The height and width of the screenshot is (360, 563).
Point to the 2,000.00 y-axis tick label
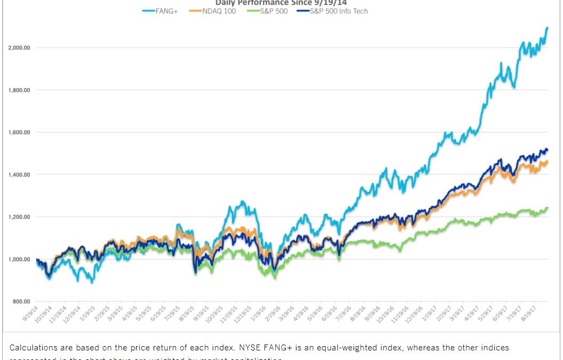[19, 48]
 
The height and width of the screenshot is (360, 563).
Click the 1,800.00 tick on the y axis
[19, 90]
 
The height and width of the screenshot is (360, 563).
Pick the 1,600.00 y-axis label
[19, 132]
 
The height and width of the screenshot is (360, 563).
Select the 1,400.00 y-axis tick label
[19, 175]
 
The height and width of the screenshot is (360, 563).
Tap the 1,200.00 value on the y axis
[19, 217]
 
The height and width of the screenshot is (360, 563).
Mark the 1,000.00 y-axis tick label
[19, 260]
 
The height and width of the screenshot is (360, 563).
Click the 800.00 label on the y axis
[21, 302]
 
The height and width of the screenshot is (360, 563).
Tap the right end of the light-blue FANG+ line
[548, 28]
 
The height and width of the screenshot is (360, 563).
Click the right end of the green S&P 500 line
[548, 208]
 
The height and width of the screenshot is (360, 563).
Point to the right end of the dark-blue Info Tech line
[548, 149]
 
